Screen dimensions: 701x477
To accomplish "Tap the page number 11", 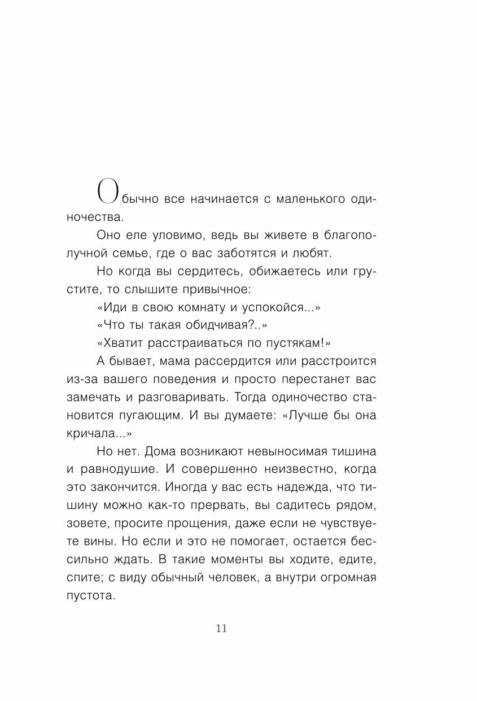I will click(x=221, y=629).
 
